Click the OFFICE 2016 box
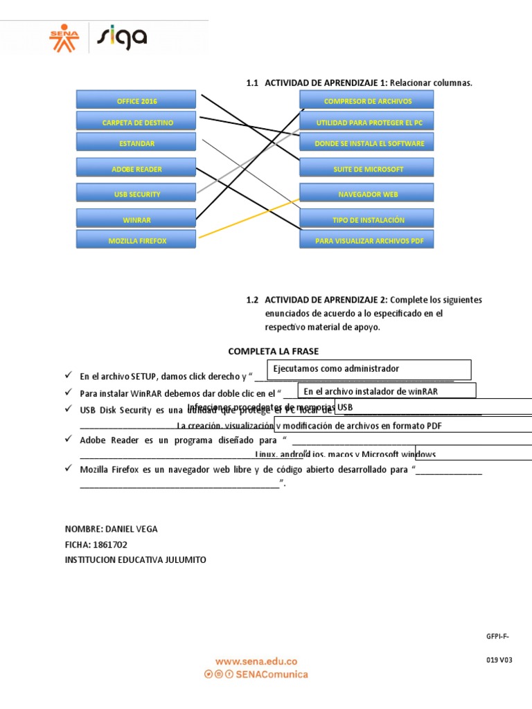tap(136, 101)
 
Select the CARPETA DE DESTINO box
tap(136, 123)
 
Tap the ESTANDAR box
tap(136, 143)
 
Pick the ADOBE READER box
tap(136, 169)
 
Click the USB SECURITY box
tap(136, 195)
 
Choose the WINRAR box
tap(136, 220)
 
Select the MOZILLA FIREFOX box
tap(136, 241)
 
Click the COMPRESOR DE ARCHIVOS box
tap(367, 101)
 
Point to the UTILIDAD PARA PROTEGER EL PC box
tap(367, 123)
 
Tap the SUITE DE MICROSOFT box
tap(367, 169)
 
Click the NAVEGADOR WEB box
tap(367, 195)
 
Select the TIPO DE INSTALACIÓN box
tap(367, 220)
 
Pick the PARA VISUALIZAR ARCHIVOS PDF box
tap(367, 241)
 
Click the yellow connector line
tap(249, 219)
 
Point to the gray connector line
tap(249, 161)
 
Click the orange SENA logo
tap(64, 39)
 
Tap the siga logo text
tap(121, 37)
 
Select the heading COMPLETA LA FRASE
tap(274, 352)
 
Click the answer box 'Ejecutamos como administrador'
tap(369, 369)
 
